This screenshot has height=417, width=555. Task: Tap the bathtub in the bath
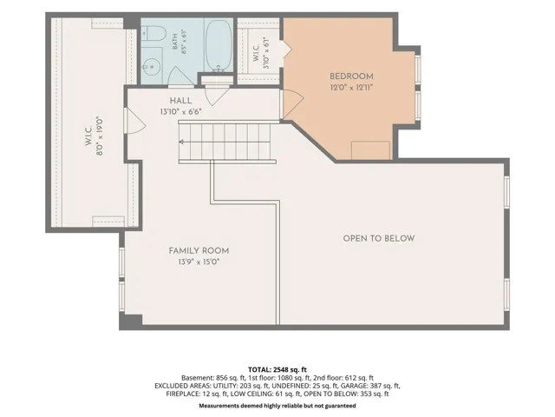point(219,45)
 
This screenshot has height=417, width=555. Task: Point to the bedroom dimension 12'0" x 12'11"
point(352,87)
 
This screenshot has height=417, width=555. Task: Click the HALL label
point(181,101)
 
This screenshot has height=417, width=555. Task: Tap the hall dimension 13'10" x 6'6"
point(181,112)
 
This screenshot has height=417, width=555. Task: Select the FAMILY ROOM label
point(199,251)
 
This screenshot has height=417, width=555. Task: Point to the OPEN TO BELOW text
point(379,238)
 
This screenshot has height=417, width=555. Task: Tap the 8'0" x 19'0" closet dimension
point(100,136)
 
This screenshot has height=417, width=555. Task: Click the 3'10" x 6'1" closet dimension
point(267,53)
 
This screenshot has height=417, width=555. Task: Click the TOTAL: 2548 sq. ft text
point(277,369)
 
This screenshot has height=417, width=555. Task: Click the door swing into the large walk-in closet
point(135,121)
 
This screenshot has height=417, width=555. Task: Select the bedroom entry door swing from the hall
point(292,103)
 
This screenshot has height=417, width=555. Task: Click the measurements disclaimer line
point(277,406)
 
